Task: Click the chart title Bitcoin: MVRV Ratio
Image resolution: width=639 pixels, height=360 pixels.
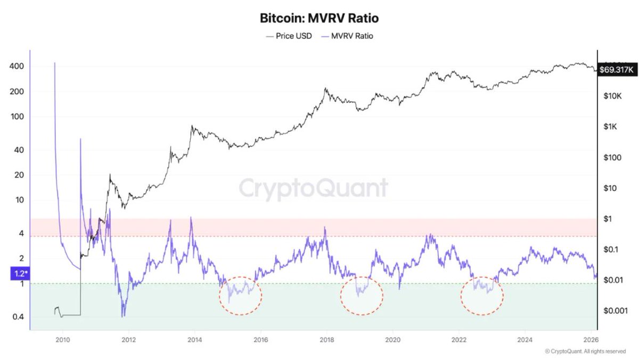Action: point(319,18)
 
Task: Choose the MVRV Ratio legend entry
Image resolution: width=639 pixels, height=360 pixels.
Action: point(347,36)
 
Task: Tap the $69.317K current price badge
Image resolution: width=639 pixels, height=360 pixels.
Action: point(617,70)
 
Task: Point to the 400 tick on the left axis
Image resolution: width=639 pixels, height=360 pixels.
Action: point(19,67)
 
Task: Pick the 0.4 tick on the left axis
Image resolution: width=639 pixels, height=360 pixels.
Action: point(19,317)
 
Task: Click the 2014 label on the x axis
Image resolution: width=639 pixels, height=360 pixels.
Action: point(195,339)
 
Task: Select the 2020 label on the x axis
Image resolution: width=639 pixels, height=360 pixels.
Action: point(392,339)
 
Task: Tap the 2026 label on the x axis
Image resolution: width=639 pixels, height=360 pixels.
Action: point(590,339)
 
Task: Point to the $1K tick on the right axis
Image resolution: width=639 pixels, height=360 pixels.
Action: point(610,127)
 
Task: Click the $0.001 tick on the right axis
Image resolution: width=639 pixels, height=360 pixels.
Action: point(613,310)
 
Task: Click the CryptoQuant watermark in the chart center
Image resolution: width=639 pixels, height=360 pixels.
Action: point(313,189)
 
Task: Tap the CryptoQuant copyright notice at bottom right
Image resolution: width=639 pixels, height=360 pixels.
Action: point(585,351)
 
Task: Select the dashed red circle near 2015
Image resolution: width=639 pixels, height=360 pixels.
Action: point(241,296)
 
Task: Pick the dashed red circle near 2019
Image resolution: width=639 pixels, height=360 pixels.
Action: point(362,295)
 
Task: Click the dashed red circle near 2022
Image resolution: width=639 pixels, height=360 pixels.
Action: point(482,294)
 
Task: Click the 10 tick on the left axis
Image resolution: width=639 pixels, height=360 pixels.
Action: point(19,200)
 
